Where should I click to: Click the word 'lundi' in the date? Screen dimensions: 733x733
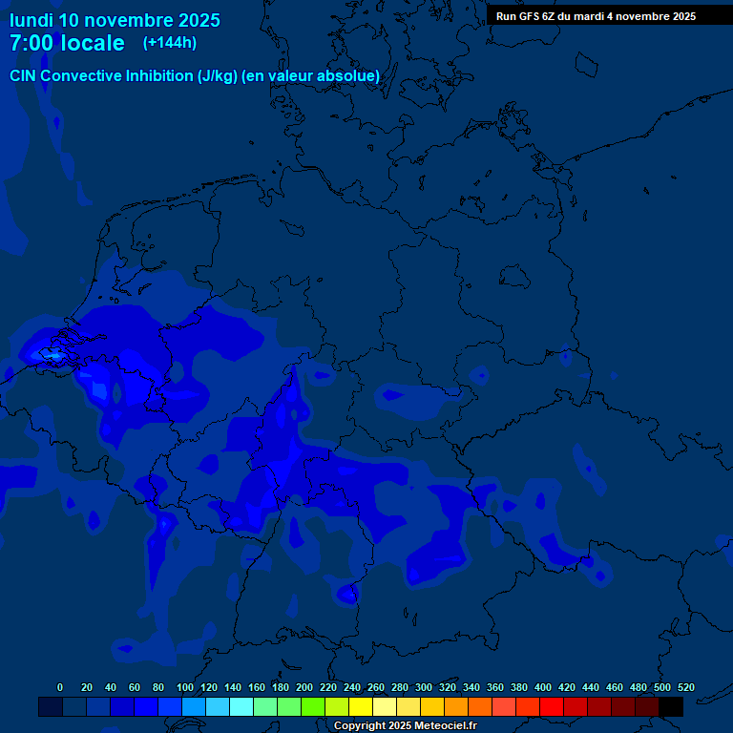tap(31, 20)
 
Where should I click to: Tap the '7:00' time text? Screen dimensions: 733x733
tap(31, 44)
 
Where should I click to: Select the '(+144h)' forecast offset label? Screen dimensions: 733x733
tap(170, 43)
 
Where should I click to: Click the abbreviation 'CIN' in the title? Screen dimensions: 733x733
tap(25, 76)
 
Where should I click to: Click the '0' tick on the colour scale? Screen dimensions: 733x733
tap(60, 687)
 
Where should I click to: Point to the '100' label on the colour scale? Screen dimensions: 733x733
tap(185, 687)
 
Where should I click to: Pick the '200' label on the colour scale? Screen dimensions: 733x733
tap(304, 687)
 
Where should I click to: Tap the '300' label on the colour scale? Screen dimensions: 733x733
tap(424, 687)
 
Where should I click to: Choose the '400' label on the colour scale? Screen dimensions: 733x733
tap(543, 687)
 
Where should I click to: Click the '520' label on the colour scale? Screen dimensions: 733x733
tap(686, 687)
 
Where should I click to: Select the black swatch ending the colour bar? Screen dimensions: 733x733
tap(671, 707)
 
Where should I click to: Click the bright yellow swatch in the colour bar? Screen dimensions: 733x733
tap(361, 707)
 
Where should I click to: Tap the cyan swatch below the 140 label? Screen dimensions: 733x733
tap(241, 707)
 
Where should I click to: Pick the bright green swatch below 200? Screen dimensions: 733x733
tap(313, 707)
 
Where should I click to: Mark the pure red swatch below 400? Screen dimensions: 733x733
tap(552, 707)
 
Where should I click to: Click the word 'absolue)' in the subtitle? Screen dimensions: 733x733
tap(352, 76)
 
